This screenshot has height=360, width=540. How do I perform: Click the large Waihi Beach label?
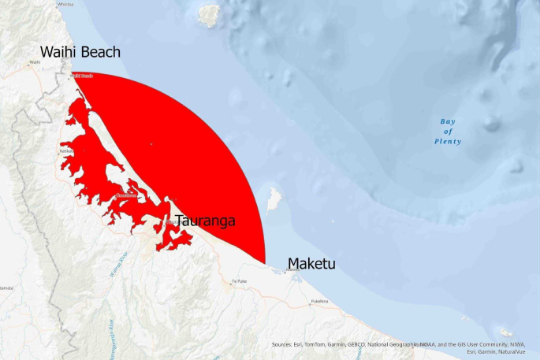pos(80,53)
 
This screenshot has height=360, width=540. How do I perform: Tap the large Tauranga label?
pos(205,221)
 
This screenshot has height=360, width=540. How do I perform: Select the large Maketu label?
pos(311,263)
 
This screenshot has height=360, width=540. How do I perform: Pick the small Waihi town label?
pos(33,62)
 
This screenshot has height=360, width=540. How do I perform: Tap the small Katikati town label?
pos(67,150)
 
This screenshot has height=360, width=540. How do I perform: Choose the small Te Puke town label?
pos(239,281)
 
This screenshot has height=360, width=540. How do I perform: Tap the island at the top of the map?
pos(209,14)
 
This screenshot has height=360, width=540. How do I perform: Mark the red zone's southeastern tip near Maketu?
pos(264,262)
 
